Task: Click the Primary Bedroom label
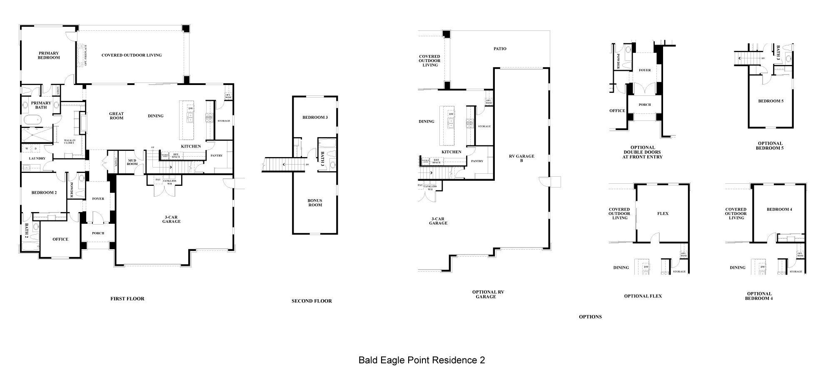click(49, 55)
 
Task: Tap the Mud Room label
click(132, 162)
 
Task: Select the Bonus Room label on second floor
click(315, 202)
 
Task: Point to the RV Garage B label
click(521, 158)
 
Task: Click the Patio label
click(500, 49)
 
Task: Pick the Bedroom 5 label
click(771, 101)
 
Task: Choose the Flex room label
click(663, 213)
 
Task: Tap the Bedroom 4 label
click(779, 209)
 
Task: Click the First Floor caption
click(127, 299)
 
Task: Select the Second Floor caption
click(312, 301)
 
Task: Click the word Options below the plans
click(590, 317)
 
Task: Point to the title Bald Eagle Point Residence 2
click(421, 360)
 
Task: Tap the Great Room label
click(117, 116)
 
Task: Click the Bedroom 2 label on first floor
click(44, 192)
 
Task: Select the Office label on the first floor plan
click(60, 239)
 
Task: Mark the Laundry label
click(37, 158)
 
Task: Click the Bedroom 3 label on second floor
click(315, 117)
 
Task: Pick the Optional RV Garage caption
click(488, 295)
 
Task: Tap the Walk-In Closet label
click(69, 142)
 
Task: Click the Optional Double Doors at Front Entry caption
click(643, 152)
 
